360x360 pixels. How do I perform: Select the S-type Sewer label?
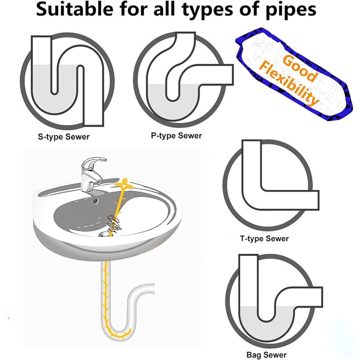click(x=63, y=137)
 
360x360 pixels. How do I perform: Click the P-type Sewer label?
click(x=176, y=135)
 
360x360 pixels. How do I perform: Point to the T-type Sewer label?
click(x=264, y=238)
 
